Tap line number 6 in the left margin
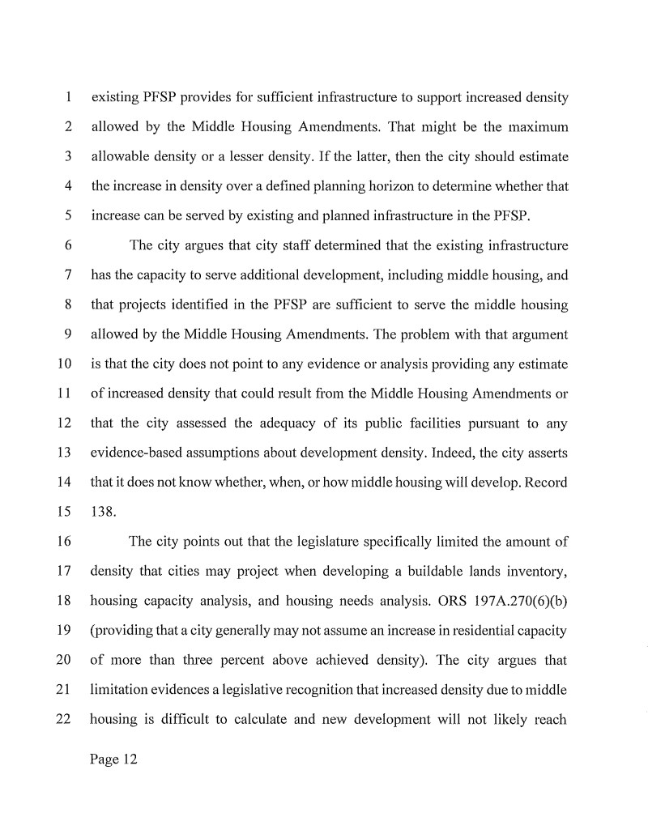coord(70,246)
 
